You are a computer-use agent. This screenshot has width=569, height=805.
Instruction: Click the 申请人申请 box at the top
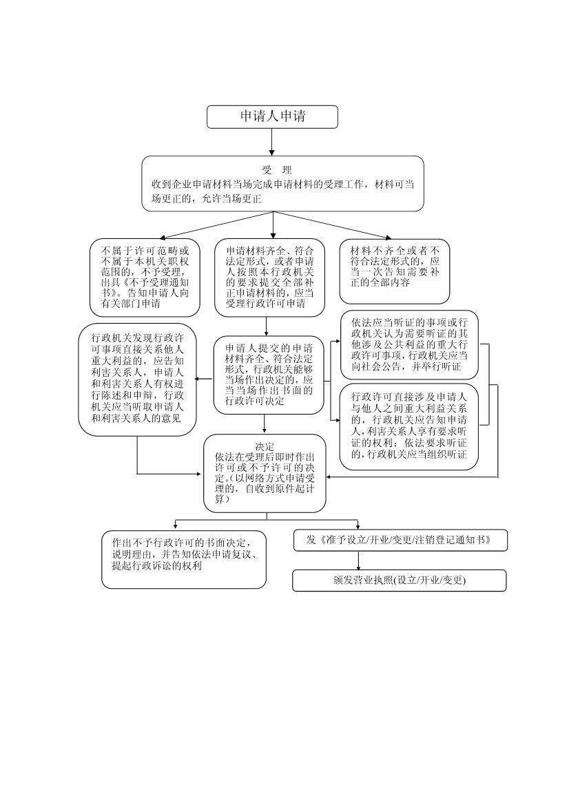(272, 117)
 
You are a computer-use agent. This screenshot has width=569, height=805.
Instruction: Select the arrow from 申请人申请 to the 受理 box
(272, 142)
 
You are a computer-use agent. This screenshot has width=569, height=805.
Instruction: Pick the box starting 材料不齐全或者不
(395, 267)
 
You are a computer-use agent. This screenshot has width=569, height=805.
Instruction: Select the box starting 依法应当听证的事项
(409, 344)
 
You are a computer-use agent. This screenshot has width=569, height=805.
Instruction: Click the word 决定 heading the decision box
(265, 446)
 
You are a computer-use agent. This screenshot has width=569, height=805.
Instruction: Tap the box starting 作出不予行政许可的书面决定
(184, 559)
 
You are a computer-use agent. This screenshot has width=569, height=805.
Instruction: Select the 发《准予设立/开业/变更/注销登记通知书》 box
(400, 540)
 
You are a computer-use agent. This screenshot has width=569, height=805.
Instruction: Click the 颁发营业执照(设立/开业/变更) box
(400, 581)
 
